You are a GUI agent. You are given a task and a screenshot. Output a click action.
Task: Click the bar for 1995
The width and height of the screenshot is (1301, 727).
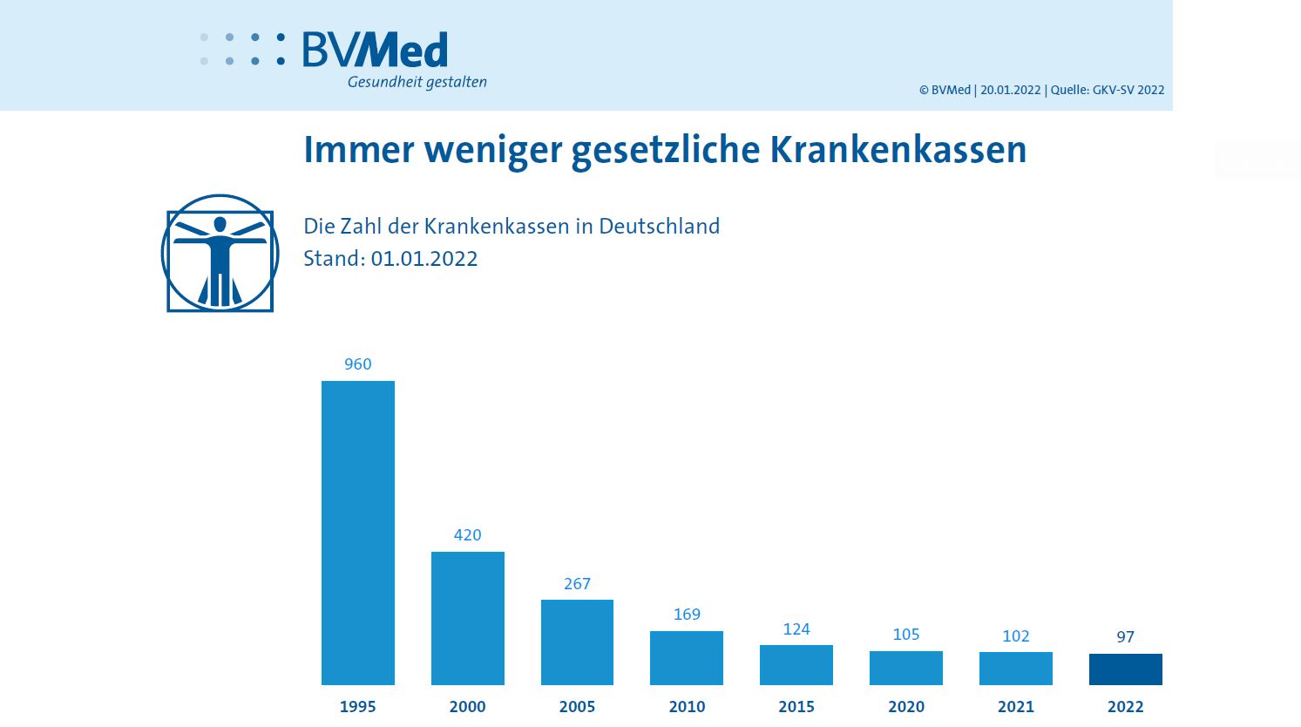(x=357, y=533)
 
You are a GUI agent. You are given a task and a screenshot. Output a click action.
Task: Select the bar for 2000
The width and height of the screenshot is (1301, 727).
(x=467, y=618)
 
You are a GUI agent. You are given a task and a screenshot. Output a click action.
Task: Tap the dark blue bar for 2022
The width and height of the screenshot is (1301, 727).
(x=1125, y=669)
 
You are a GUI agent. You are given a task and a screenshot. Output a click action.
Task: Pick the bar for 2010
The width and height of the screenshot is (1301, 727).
(x=687, y=658)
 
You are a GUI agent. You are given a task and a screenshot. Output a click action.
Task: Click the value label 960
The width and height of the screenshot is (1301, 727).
(x=357, y=364)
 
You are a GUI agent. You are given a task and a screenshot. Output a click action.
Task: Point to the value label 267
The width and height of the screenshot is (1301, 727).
(x=577, y=584)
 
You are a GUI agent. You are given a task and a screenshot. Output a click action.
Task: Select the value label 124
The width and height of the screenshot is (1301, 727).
(x=796, y=629)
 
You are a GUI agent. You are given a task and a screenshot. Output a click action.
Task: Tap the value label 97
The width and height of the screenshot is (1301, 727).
(x=1125, y=637)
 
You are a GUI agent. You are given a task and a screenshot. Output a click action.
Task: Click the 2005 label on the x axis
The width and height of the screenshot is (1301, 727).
(x=577, y=707)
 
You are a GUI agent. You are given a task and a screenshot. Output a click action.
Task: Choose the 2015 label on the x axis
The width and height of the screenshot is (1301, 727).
(x=796, y=707)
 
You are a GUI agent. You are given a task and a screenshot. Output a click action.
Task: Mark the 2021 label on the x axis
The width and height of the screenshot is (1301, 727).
(x=1015, y=707)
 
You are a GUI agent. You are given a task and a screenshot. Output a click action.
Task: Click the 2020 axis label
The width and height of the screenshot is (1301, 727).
(x=906, y=707)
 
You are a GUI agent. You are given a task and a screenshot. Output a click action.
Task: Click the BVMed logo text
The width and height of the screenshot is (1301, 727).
(x=376, y=51)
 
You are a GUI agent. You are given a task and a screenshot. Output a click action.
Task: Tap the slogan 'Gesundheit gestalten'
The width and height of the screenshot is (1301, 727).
(x=417, y=82)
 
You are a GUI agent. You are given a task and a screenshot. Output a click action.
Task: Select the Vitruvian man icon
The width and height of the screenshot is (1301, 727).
(x=220, y=254)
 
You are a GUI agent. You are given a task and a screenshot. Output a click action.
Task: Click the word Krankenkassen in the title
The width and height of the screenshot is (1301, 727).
(x=898, y=150)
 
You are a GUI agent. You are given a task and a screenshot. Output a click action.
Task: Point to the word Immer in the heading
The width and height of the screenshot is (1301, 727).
(x=358, y=150)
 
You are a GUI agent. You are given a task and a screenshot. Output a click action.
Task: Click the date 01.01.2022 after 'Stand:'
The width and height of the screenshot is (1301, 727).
(x=424, y=259)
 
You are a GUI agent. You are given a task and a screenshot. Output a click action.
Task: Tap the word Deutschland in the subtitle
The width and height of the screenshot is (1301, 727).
(x=659, y=227)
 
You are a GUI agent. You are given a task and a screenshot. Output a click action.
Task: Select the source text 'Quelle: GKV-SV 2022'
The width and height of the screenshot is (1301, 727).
(x=1107, y=90)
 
